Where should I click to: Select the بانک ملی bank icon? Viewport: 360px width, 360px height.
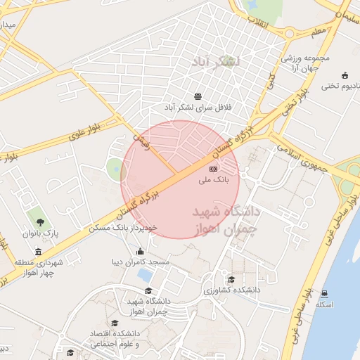(x=214, y=169)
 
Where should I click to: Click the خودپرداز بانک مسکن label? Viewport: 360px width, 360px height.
(x=124, y=229)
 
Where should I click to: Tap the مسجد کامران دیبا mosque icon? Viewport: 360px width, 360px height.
(x=141, y=252)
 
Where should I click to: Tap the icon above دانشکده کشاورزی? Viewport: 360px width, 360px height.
(x=231, y=279)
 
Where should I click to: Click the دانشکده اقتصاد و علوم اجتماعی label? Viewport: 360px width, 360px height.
(x=114, y=338)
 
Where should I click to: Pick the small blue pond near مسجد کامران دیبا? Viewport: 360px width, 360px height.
(x=145, y=274)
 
